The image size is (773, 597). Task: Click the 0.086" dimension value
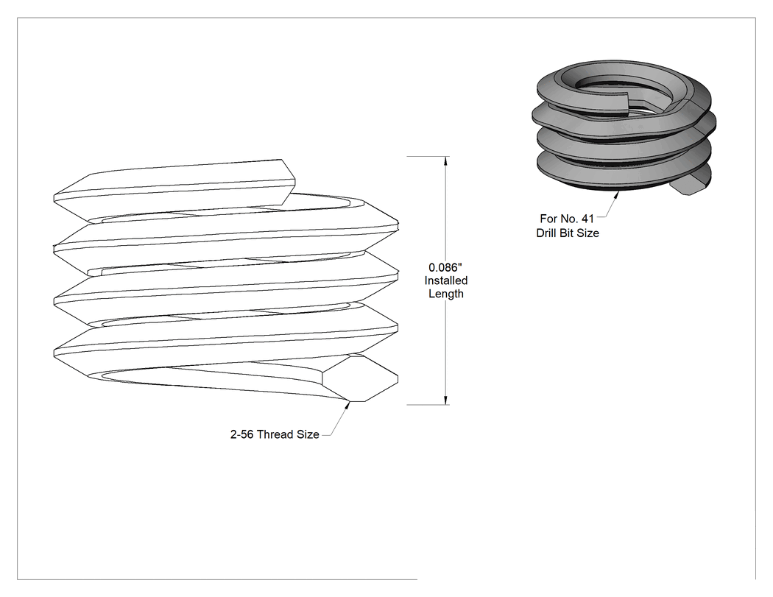(x=445, y=267)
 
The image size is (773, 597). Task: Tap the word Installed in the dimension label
(x=445, y=280)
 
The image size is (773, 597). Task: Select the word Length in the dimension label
(x=445, y=294)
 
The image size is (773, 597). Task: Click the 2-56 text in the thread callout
(x=241, y=434)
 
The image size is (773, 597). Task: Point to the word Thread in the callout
(x=275, y=434)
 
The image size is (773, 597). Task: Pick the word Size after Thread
(x=308, y=434)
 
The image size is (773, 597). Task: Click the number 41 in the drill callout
(x=587, y=219)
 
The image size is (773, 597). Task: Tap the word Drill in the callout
(x=546, y=233)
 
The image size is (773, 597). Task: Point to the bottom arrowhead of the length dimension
(x=446, y=399)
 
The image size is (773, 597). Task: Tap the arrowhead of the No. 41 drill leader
(x=615, y=196)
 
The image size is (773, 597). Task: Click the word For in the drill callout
(x=548, y=219)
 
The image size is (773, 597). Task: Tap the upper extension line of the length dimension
(x=428, y=156)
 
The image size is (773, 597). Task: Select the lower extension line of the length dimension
(x=428, y=405)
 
